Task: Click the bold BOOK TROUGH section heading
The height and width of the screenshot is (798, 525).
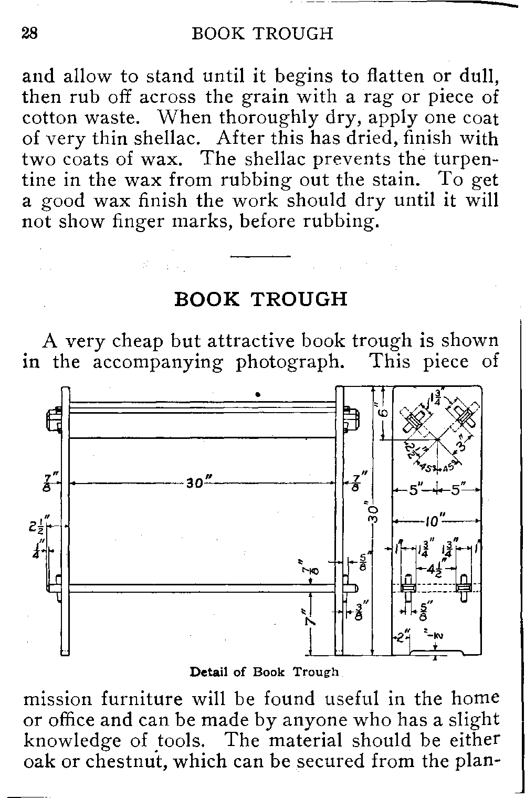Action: click(260, 299)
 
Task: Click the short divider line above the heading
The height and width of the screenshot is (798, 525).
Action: click(260, 256)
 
